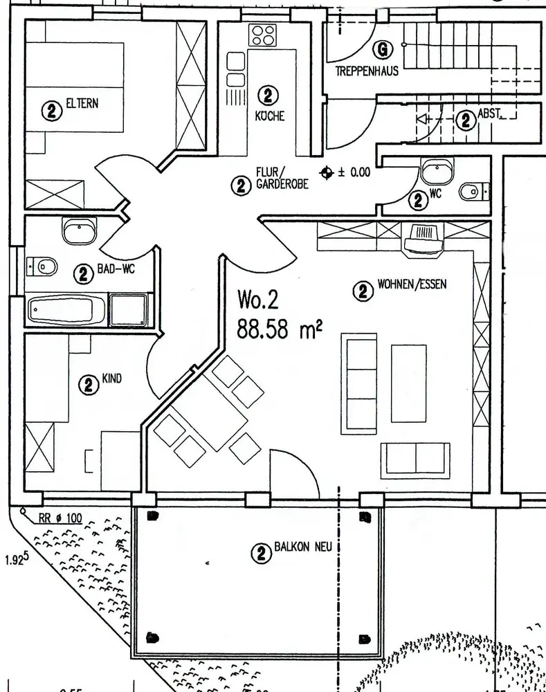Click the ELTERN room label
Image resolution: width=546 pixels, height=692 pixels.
point(82,104)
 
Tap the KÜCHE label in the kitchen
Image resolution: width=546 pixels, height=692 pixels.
point(270,116)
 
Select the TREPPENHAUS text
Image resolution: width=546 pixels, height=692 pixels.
point(367,71)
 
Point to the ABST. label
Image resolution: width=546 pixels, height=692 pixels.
point(491,114)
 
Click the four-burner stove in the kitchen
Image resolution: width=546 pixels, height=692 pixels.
point(264,34)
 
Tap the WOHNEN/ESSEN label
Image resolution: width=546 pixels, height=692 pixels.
point(412,284)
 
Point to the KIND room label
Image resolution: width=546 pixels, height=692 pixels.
point(111,379)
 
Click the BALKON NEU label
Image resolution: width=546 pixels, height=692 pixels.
point(303,547)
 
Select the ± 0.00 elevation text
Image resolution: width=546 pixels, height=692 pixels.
point(354,172)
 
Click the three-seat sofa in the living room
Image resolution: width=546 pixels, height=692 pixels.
point(361,383)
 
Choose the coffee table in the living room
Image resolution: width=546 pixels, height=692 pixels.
point(408,383)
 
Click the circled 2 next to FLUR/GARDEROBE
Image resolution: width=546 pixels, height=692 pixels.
point(241,185)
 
